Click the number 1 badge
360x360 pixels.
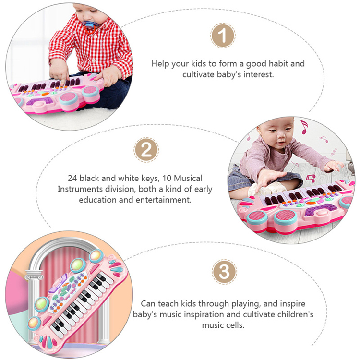(x=222, y=36)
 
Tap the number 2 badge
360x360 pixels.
(x=146, y=150)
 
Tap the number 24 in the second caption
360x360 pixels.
(x=72, y=179)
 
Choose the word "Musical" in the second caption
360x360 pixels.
(x=188, y=179)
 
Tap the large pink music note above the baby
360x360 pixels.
(x=304, y=127)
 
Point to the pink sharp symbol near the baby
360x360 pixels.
(x=334, y=152)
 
